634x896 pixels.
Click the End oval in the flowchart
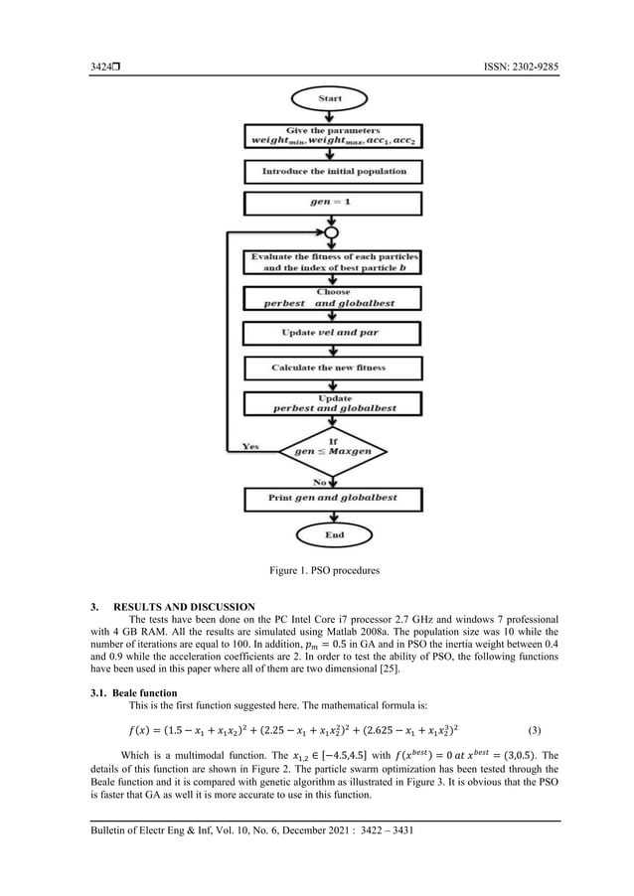pyautogui.click(x=334, y=534)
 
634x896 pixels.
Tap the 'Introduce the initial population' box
pyautogui.click(x=334, y=171)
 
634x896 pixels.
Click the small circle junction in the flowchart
pyautogui.click(x=334, y=233)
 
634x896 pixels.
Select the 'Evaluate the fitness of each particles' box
pyautogui.click(x=334, y=262)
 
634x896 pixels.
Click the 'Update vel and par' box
pyautogui.click(x=334, y=333)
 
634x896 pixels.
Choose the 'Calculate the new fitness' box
pyautogui.click(x=334, y=368)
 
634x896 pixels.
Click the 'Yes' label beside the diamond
pyautogui.click(x=252, y=446)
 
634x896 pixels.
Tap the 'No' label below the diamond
pyautogui.click(x=322, y=481)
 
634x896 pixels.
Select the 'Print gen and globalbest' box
pyautogui.click(x=334, y=497)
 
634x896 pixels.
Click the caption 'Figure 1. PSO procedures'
pyautogui.click(x=322, y=571)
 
